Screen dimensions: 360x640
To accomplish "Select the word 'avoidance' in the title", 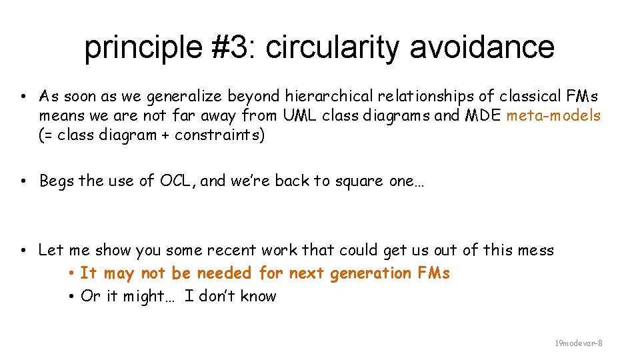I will pos(482,47).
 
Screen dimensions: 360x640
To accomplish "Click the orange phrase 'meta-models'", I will pos(553,116).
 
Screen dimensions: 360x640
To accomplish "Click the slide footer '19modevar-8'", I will pos(579,343).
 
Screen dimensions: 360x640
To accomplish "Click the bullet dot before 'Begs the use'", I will pos(23,181).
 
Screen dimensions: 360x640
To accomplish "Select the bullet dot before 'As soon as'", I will pos(23,96).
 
